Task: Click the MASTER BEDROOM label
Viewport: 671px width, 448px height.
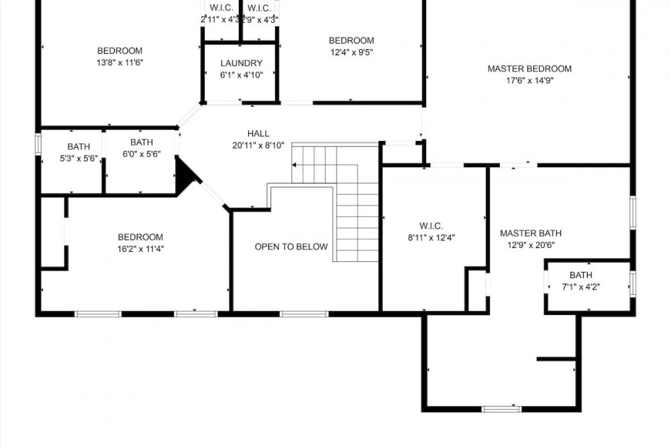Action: coord(529,69)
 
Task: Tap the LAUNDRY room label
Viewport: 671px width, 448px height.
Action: coord(242,63)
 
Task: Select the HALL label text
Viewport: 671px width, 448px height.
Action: coord(258,133)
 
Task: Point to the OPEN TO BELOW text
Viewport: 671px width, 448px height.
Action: coord(291,247)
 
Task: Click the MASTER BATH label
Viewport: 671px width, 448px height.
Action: coord(531,233)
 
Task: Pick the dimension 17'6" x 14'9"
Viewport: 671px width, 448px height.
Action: coord(530,81)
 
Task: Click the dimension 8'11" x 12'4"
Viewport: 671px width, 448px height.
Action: coord(431,237)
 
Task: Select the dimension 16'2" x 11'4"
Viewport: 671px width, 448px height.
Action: coord(141,249)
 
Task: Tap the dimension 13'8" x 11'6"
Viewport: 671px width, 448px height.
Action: coord(120,62)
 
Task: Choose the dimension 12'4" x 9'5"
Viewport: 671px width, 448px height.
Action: coord(352,52)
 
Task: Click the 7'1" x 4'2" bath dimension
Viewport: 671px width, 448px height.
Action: coord(580,287)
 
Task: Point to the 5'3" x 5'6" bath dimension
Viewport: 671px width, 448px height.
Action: coord(79,159)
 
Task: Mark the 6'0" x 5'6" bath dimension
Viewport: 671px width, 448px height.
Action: coord(142,154)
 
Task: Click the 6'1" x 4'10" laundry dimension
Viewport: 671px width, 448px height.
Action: coord(242,75)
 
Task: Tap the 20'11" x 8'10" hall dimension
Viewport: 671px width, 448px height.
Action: coord(258,145)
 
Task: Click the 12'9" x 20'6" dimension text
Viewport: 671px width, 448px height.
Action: coord(531,245)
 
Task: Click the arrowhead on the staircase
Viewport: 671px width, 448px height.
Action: coord(294,165)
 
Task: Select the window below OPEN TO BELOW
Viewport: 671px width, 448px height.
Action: coord(304,314)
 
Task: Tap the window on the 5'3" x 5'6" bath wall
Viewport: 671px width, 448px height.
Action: coord(38,144)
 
